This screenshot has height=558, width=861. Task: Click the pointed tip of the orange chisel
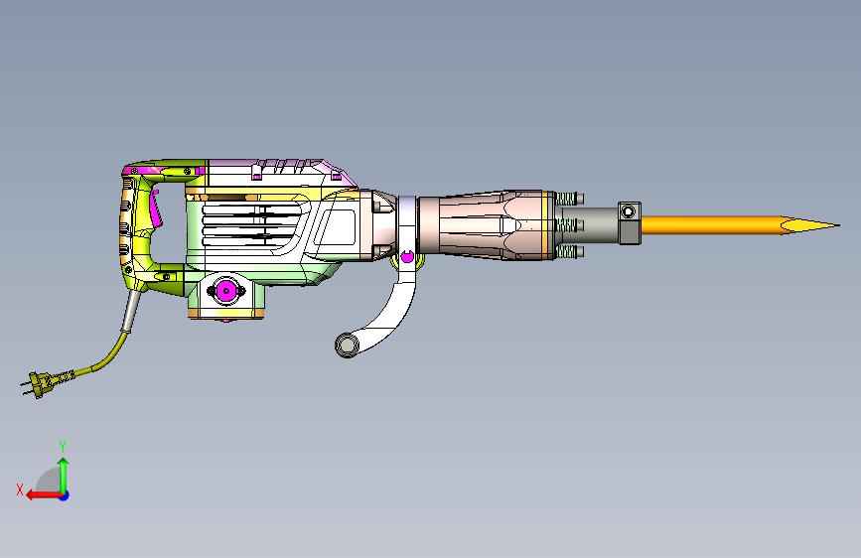pyautogui.click(x=839, y=225)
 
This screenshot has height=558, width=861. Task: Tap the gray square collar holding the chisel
pyautogui.click(x=630, y=223)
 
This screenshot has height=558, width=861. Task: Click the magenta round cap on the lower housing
pyautogui.click(x=226, y=291)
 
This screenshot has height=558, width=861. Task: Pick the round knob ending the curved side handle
pyautogui.click(x=347, y=346)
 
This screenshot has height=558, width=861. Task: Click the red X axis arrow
pyautogui.click(x=44, y=495)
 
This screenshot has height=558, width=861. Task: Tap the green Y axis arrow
pyautogui.click(x=64, y=475)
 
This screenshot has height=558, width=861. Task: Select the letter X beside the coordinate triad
pyautogui.click(x=20, y=489)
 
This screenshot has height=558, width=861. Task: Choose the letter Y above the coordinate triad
pyautogui.click(x=63, y=446)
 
